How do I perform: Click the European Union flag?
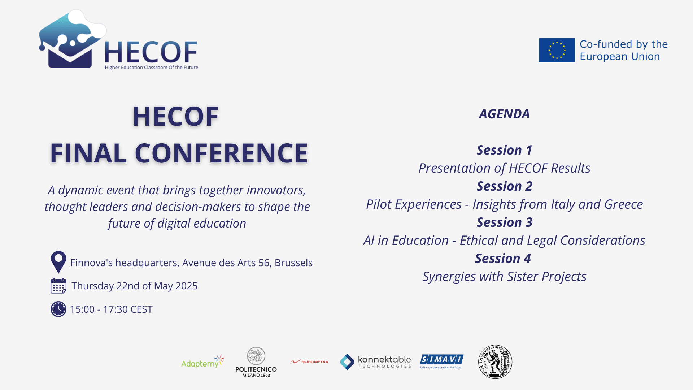coord(557,50)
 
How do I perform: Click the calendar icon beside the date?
coord(58,286)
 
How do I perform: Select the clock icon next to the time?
coord(58,309)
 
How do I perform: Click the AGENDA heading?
coord(504,114)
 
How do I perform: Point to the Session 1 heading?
coord(504,150)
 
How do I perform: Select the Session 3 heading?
coord(504,222)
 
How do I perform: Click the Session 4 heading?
coord(503,259)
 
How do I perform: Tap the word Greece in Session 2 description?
coord(623,204)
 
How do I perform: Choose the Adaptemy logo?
coord(202,362)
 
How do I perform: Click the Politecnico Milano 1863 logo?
coord(256,362)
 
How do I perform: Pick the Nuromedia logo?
coord(309,361)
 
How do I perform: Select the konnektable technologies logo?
coord(375,362)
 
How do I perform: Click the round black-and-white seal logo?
coord(495,362)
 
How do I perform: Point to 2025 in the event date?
coord(186,286)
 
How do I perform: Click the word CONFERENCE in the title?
coord(221,153)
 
